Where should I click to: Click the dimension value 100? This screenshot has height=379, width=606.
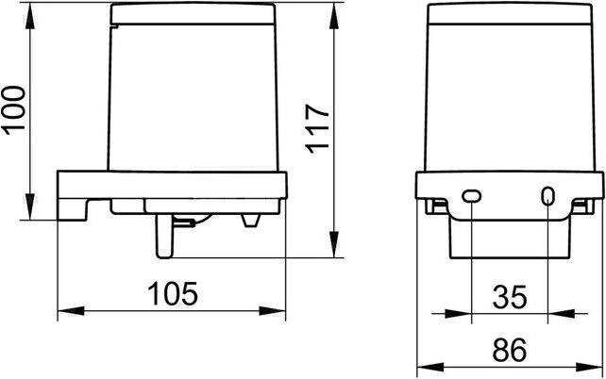[15, 110]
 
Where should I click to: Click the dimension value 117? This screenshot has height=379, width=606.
[317, 128]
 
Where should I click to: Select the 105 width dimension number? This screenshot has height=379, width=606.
[173, 293]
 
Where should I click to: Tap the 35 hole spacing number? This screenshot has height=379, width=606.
[510, 297]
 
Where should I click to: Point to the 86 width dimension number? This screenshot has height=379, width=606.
[510, 350]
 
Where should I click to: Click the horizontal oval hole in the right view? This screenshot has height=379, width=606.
[472, 196]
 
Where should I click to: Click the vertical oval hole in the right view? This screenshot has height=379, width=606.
[547, 196]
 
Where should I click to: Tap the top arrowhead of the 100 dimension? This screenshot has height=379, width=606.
[30, 15]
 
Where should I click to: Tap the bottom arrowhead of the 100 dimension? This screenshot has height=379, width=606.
[30, 206]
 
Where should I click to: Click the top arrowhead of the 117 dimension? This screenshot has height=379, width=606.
[335, 15]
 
